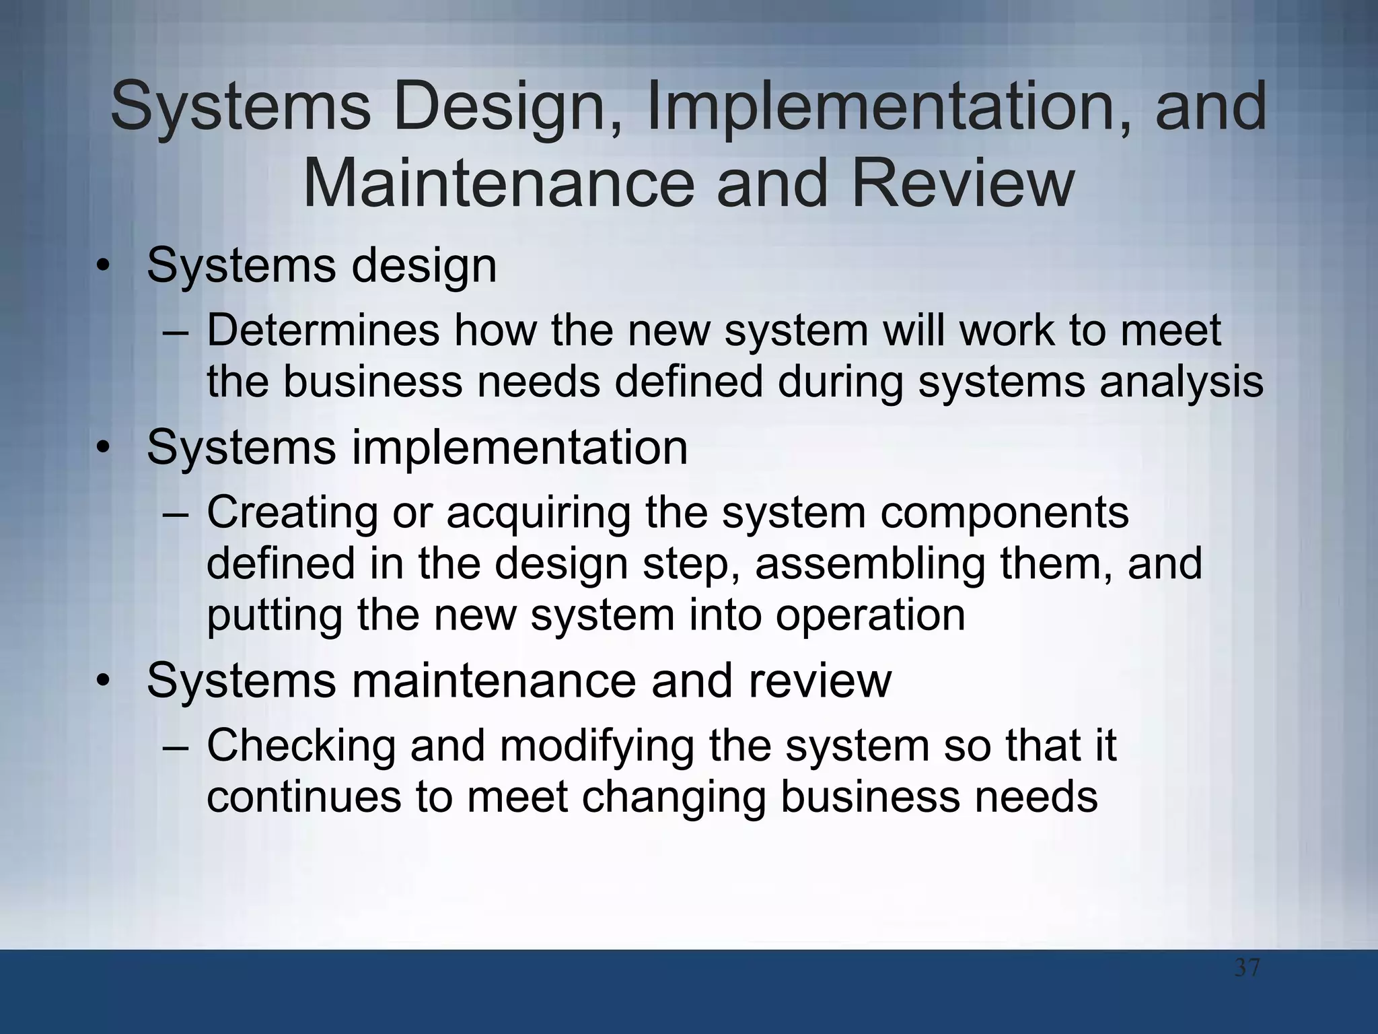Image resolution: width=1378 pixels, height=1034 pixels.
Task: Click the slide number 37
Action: [1247, 969]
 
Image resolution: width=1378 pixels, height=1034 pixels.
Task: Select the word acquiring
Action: [538, 513]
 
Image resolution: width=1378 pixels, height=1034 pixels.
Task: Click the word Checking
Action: [301, 745]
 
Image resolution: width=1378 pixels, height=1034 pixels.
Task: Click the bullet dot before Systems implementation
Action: [102, 447]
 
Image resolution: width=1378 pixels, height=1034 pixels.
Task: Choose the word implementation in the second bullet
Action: [519, 448]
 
